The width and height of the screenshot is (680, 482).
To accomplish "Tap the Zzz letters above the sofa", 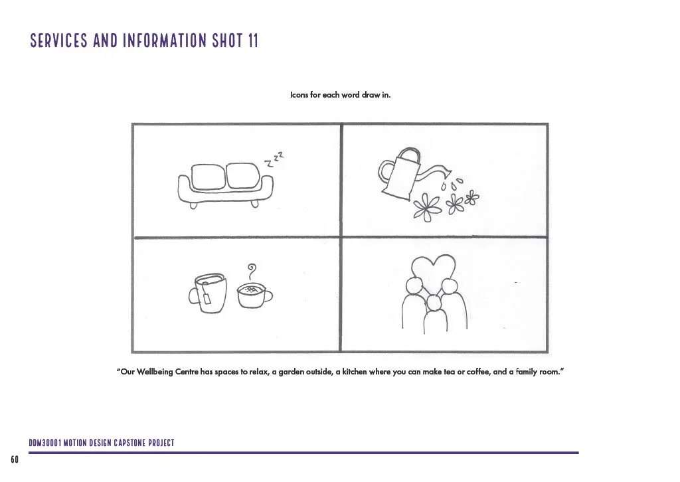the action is point(274,159).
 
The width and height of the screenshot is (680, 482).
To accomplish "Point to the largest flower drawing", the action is point(427,207).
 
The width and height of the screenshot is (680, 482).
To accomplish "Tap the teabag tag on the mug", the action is point(207,298).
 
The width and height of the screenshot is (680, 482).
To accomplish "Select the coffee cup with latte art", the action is point(254,295).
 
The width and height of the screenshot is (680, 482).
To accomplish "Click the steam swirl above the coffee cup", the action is point(252,272).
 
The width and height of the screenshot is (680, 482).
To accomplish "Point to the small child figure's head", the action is point(433,303).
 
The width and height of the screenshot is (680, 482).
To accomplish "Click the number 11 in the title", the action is point(253,40).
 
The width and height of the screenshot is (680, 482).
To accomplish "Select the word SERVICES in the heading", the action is point(59,40).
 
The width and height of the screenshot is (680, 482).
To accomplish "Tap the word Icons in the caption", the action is point(299,94).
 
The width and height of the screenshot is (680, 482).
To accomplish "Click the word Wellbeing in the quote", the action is point(155,372).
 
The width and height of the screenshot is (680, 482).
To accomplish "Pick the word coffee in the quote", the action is point(478,372).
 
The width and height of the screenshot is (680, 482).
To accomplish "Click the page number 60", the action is point(15,459).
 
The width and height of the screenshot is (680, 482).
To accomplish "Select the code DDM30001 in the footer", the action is point(45,443).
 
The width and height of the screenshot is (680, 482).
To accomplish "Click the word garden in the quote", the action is point(292,372).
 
